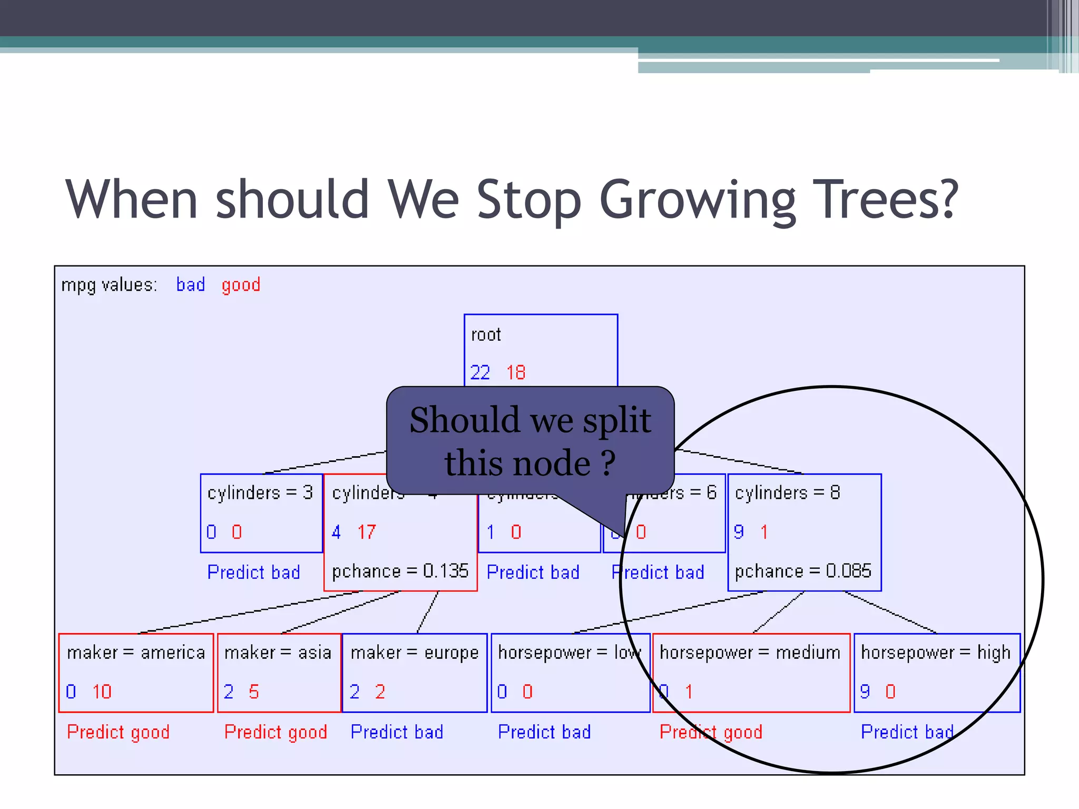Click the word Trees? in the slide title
pos(885,199)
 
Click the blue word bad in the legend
pos(190,285)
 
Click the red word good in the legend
pos(241,285)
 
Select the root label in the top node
pos(486,335)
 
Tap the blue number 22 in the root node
pos(480,373)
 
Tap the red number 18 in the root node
pos(516,373)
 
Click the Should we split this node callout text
pos(530,441)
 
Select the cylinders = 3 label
pos(260,493)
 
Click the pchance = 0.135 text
pos(400,571)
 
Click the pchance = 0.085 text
pos(803,571)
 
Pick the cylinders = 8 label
pos(787,493)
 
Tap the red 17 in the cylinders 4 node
pos(367,532)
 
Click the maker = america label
pos(136,653)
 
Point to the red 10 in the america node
pos(102,692)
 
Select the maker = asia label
pos(278,653)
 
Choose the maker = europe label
pos(415,653)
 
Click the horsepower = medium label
pos(750,653)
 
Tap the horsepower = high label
pos(936,653)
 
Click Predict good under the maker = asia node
pos(276,732)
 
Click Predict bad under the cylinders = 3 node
pos(253,572)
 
